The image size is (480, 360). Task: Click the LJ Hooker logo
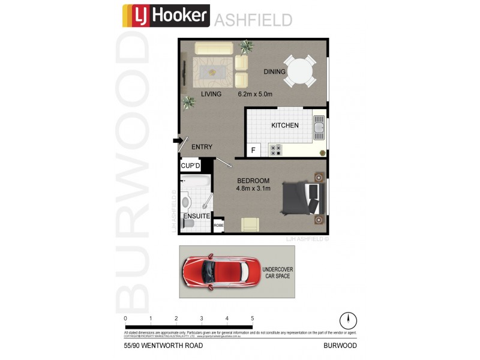(x=166, y=16)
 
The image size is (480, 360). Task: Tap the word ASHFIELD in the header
(x=253, y=20)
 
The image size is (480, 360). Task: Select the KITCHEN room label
(x=285, y=125)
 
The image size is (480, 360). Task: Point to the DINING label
(x=274, y=72)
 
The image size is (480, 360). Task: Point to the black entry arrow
(x=177, y=141)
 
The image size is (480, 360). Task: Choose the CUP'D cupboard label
(x=190, y=166)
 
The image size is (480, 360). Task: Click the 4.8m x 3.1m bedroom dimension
(x=253, y=188)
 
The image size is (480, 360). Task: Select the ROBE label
(x=218, y=226)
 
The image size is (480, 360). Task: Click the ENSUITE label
(x=197, y=215)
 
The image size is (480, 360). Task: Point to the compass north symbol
(x=348, y=320)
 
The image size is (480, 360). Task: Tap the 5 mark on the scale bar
(x=253, y=319)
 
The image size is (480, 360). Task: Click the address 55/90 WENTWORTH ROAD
(x=157, y=346)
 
